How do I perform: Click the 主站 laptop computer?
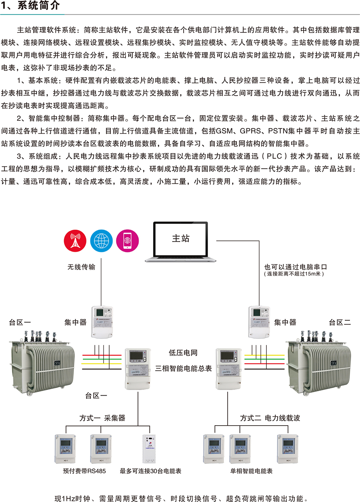pyautogui.click(x=181, y=242)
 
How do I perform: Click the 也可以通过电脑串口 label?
pyautogui.click(x=294, y=266)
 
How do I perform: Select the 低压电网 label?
pyautogui.click(x=183, y=353)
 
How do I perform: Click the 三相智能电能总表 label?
pyautogui.click(x=183, y=368)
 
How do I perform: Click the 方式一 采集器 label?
pyautogui.click(x=102, y=418)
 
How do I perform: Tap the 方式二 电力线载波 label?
pyautogui.click(x=270, y=418)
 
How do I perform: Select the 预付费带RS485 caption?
pyautogui.click(x=85, y=471)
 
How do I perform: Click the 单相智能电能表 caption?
pyautogui.click(x=251, y=471)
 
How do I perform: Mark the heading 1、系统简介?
pyautogui.click(x=30, y=6)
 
